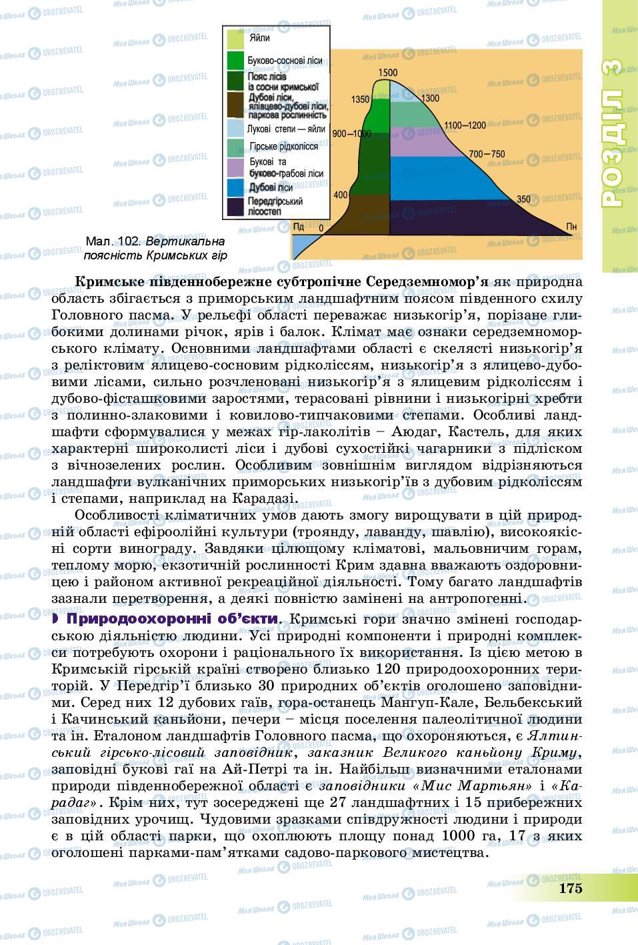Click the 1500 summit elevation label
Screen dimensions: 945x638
[x=387, y=73]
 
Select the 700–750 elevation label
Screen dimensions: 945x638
[x=487, y=155]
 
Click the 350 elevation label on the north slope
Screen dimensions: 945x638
[x=523, y=199]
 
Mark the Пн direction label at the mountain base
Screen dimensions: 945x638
[x=571, y=226]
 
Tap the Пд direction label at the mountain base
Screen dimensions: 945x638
[x=299, y=227]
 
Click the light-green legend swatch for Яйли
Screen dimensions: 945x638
[x=235, y=39]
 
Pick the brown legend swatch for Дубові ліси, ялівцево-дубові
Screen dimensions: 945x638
[x=235, y=105]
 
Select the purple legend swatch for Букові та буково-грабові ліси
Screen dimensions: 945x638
[x=235, y=167]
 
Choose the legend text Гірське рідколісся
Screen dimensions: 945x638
[x=283, y=146]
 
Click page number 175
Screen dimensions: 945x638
[x=571, y=888]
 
